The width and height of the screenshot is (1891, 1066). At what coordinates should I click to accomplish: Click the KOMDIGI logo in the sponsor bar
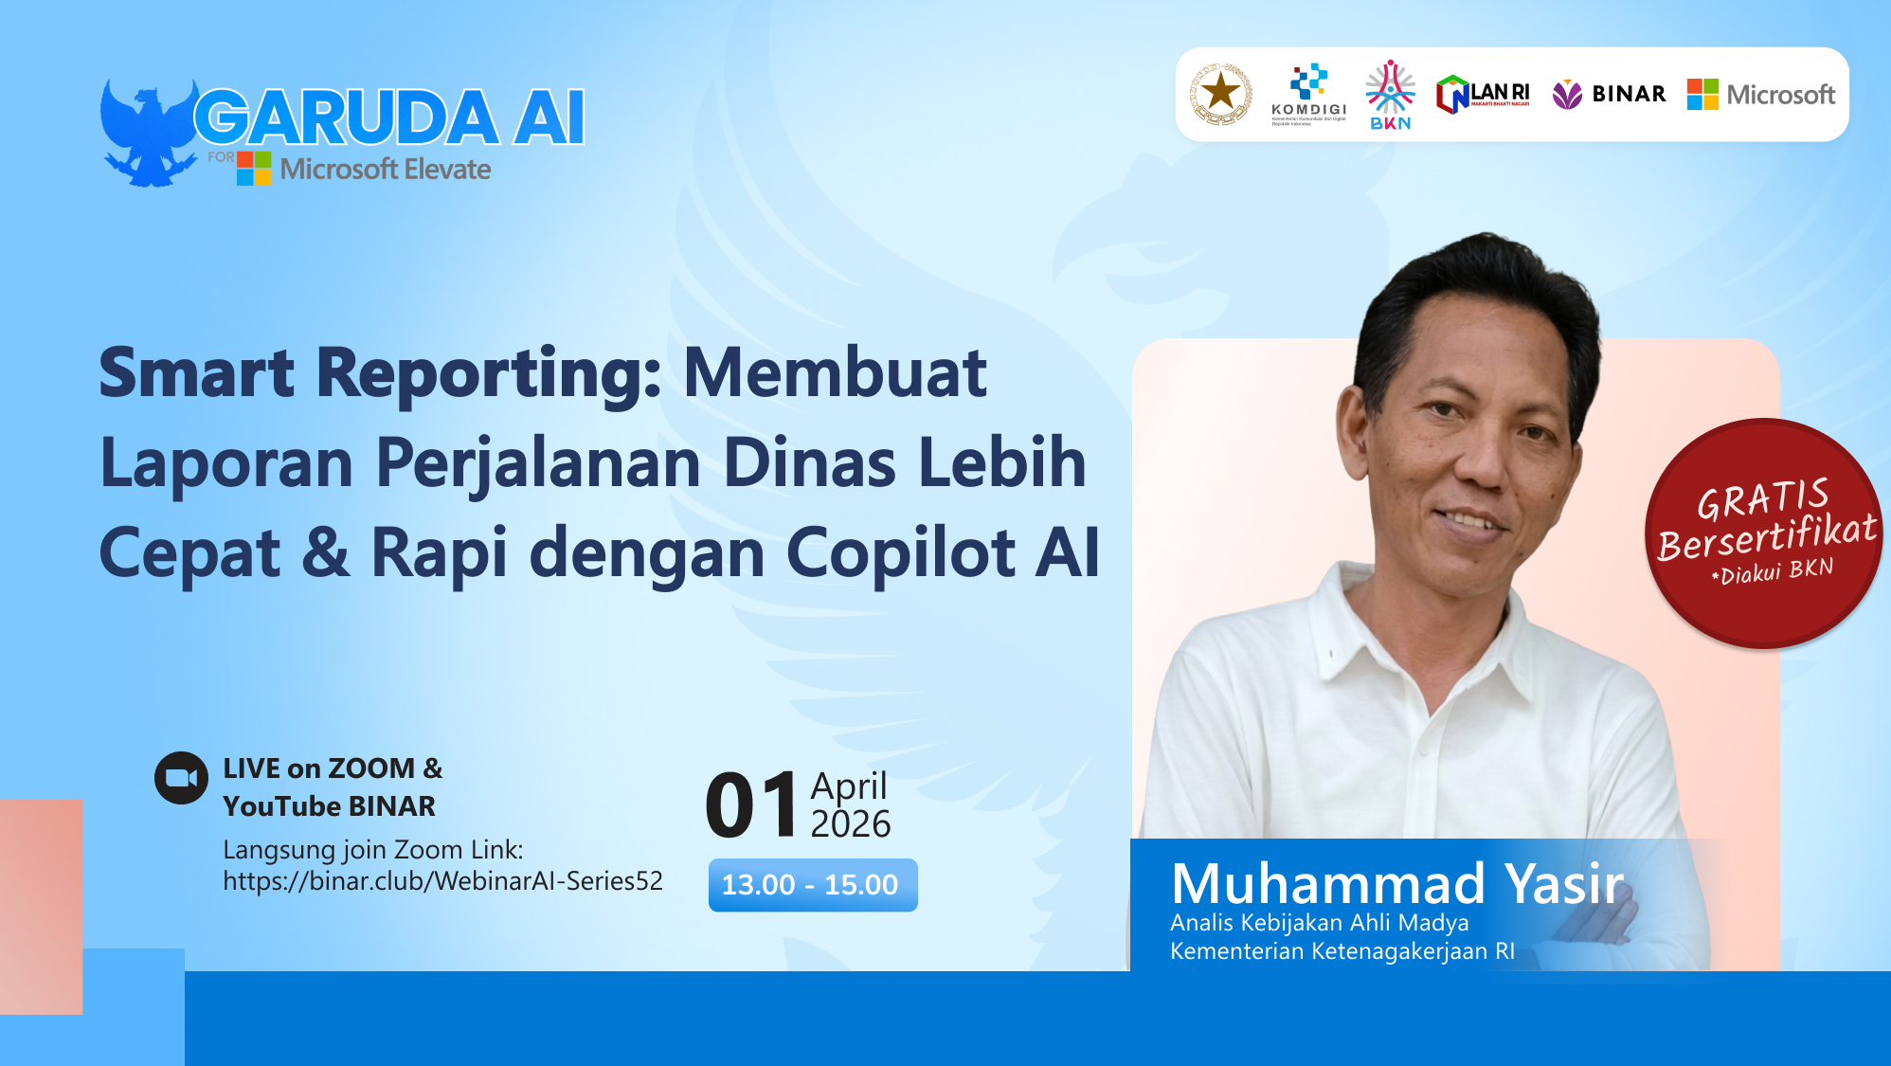click(1308, 94)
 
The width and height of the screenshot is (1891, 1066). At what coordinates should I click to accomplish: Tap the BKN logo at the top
click(1390, 95)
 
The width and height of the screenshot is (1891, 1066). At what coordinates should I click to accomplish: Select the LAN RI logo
click(1483, 95)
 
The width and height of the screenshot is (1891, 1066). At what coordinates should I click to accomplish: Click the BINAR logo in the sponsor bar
click(1609, 94)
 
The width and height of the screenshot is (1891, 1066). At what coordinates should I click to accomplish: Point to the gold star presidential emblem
click(1220, 94)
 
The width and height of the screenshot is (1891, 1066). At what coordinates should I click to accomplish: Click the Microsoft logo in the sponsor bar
click(1761, 95)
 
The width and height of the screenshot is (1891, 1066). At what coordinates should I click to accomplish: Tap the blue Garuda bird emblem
click(148, 134)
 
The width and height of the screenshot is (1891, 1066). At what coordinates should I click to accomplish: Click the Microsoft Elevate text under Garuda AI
click(385, 170)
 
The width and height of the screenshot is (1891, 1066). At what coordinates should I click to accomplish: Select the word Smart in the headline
click(197, 372)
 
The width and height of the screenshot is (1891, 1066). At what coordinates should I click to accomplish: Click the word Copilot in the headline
click(900, 552)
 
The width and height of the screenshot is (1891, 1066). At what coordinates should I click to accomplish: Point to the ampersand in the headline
click(325, 552)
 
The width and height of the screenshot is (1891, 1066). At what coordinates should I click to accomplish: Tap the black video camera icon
click(181, 778)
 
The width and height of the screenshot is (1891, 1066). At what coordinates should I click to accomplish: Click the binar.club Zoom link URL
click(442, 881)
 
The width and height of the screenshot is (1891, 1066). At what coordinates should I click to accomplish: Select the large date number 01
click(752, 805)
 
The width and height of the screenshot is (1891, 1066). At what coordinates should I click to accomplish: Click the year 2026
click(851, 824)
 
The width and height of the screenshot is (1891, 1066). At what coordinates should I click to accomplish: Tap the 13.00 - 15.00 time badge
click(812, 885)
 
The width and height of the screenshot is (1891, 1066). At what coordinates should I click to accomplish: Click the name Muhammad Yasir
click(1396, 883)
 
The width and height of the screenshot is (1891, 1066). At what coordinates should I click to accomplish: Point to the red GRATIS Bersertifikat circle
click(1764, 533)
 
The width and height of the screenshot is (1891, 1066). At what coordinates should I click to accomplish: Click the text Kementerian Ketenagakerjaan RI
click(1342, 951)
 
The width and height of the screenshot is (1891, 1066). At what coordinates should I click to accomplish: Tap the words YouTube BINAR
click(329, 806)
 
